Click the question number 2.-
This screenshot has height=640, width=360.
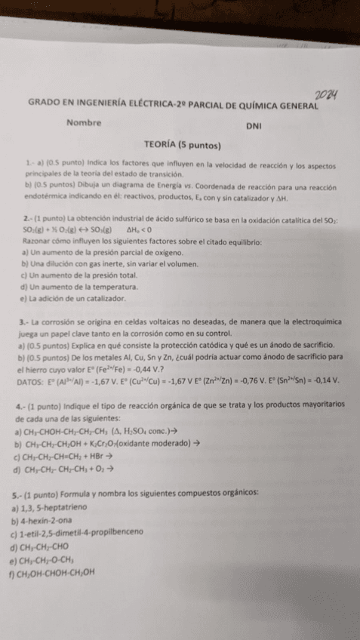[27, 219]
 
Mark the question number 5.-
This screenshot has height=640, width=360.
[27, 495]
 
